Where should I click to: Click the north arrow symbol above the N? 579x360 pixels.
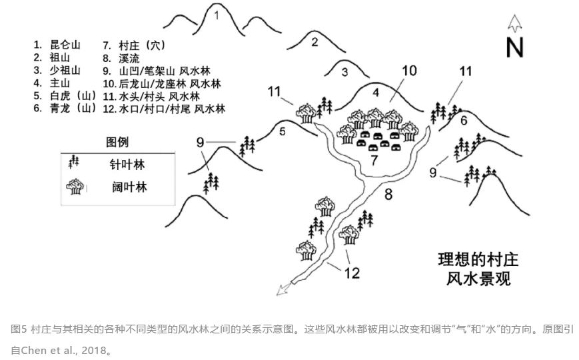point(514,23)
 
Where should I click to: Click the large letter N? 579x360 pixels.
point(514,48)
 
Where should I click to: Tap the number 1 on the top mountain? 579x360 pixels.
point(217,16)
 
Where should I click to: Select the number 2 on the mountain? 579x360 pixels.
point(314,43)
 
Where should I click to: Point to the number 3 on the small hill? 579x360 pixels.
point(344,72)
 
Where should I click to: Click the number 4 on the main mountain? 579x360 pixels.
point(375,92)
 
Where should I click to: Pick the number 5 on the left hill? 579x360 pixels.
point(282,132)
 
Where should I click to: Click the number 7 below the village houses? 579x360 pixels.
point(374,160)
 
